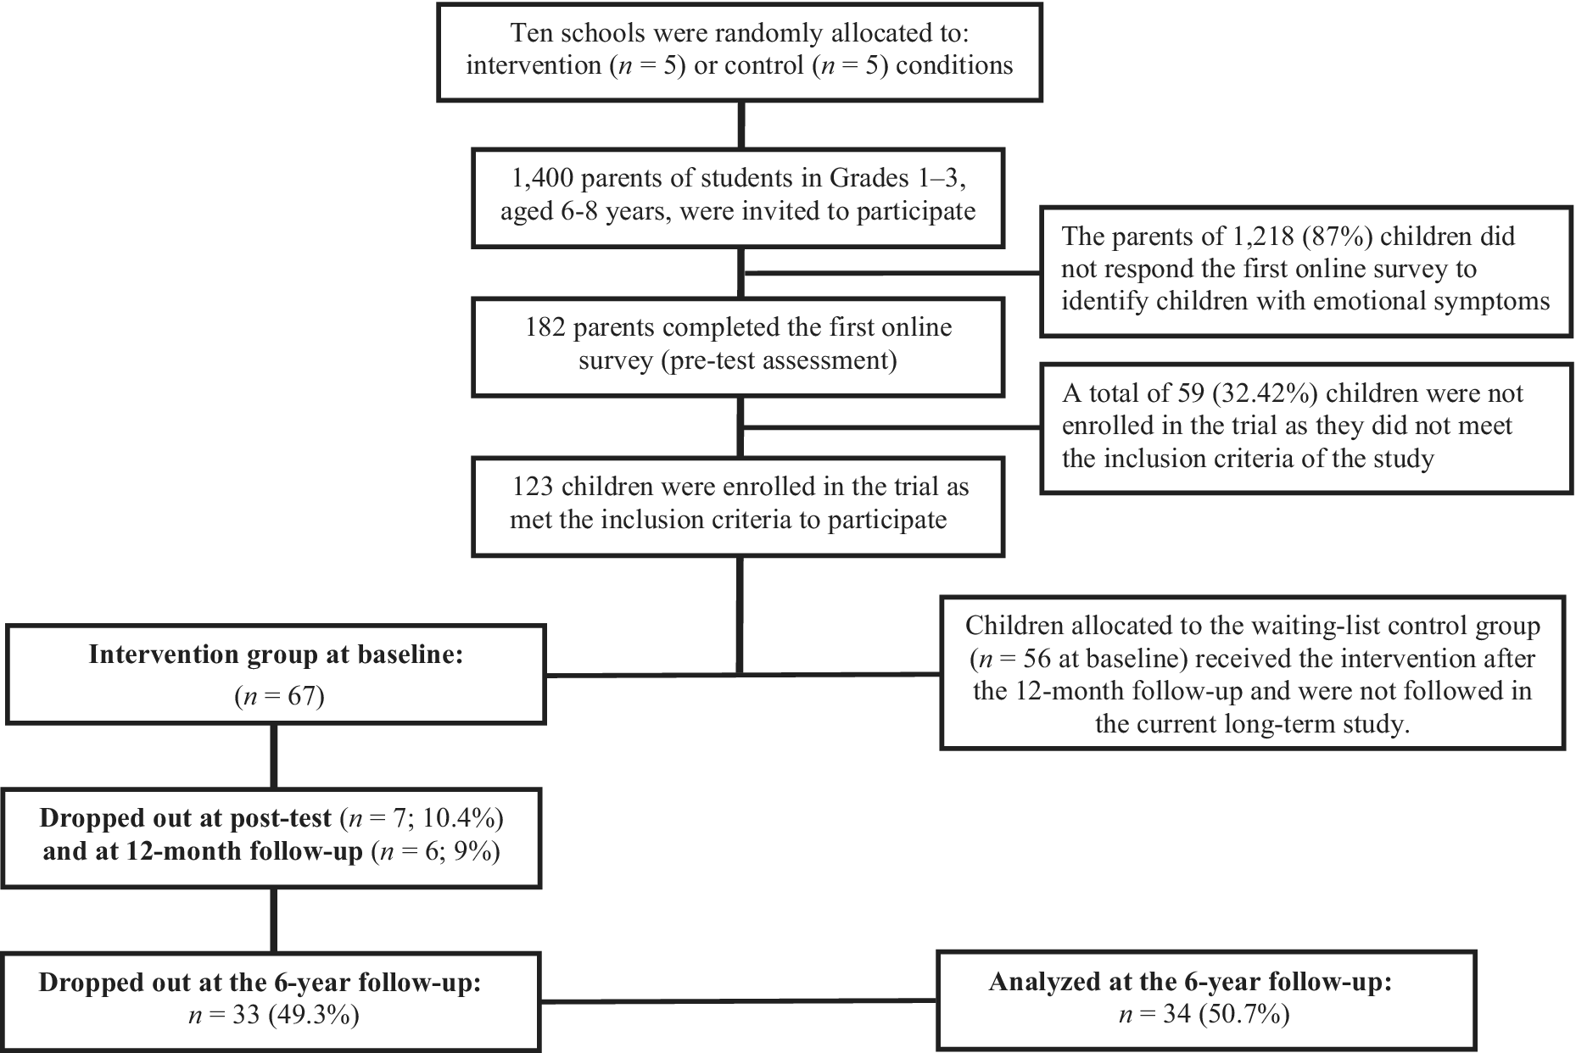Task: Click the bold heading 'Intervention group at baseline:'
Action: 277,655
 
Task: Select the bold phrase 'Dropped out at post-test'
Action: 186,818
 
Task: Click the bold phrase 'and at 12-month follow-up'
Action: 204,851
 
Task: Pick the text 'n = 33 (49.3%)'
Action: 274,1015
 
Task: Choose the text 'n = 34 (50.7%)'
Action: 1204,1015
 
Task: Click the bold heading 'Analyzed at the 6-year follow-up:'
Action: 1191,982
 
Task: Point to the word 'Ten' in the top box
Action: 529,33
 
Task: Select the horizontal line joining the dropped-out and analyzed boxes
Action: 740,1002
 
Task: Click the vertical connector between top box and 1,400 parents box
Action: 741,125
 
